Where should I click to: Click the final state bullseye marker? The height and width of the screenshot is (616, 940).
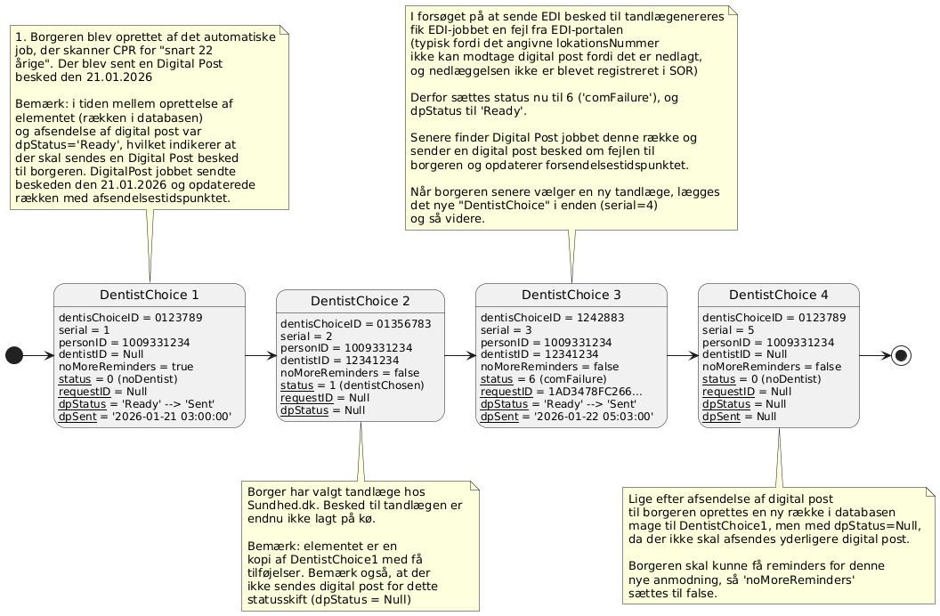click(901, 356)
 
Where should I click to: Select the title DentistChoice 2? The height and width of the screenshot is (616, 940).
click(361, 301)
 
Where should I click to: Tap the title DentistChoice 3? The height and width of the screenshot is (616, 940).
click(571, 295)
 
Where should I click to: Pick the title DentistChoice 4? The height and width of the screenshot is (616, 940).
click(778, 295)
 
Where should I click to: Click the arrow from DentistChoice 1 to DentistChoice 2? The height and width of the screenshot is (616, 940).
click(261, 356)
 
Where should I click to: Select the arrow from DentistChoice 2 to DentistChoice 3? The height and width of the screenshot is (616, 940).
click(460, 356)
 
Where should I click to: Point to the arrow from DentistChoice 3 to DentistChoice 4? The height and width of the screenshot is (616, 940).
click(683, 356)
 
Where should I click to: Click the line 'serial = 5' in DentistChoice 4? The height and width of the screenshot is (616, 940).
click(733, 329)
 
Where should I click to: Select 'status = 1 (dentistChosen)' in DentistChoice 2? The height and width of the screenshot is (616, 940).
click(352, 385)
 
